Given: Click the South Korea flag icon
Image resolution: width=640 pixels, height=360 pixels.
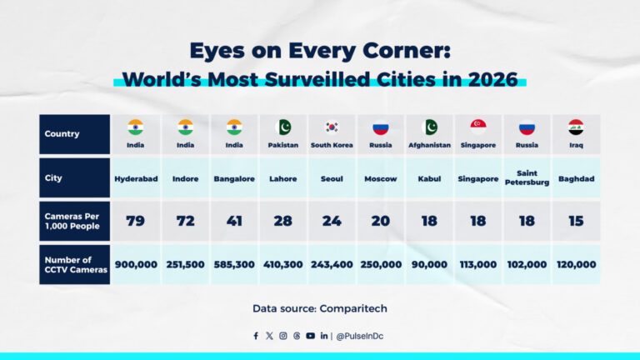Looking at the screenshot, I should coord(332,127).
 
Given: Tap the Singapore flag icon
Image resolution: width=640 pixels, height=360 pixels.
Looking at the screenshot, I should coord(478,127).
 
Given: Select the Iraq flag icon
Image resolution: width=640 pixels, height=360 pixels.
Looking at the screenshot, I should coord(576,127).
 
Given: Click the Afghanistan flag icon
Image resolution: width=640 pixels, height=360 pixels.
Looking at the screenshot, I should coord(430,127).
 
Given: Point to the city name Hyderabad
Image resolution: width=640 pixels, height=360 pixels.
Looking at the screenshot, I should coord(136,178).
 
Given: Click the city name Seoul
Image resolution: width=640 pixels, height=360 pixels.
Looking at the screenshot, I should coord(332,178).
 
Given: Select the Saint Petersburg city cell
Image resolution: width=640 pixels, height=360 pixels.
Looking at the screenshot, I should coord(527,178).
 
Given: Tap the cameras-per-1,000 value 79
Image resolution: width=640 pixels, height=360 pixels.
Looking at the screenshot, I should coord(136,221).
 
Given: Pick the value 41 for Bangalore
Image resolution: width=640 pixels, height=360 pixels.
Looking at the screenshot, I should coord(234,221).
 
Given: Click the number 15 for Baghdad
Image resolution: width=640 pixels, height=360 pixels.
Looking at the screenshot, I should coord(576,221).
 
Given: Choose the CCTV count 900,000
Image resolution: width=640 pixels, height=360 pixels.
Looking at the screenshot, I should coord(136,264).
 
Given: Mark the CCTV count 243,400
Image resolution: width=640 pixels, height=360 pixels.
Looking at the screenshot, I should coord(332,264).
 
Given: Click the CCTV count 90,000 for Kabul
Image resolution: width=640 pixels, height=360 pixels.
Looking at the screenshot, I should coord(430,264).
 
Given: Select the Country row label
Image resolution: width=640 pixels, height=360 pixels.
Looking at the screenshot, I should coord(62,134).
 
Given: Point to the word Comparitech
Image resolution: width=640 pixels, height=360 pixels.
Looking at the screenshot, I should coord(355,308).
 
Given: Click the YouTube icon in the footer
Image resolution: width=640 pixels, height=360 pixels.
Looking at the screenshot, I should coord(310,336).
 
